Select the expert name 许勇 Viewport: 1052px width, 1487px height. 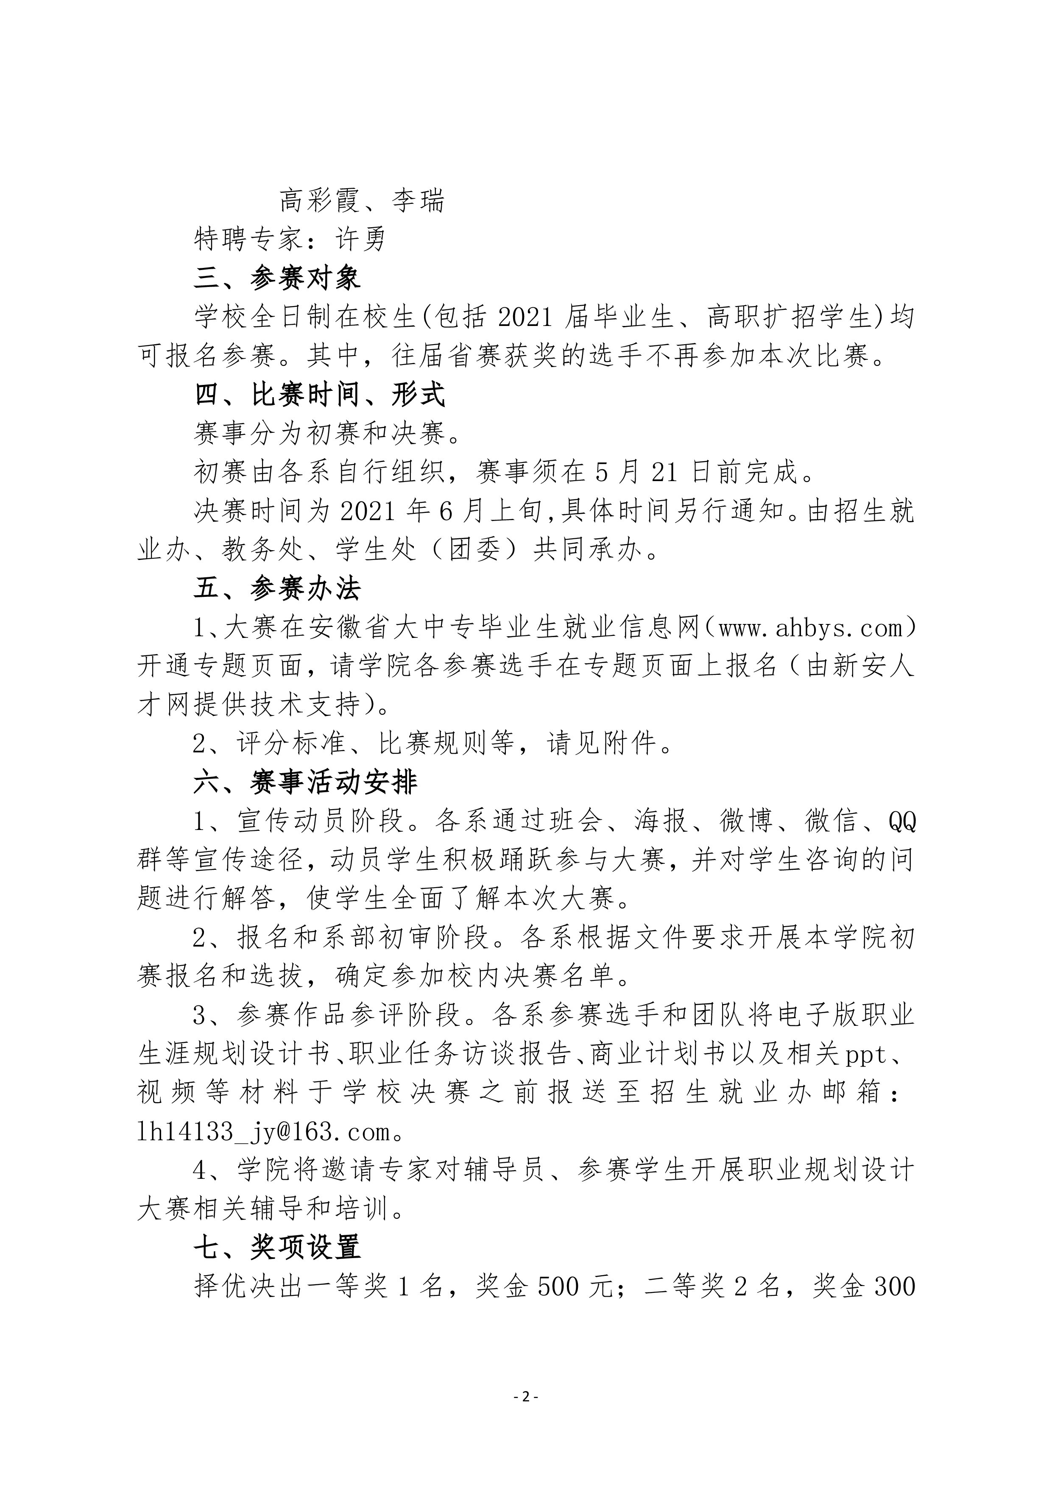(x=361, y=239)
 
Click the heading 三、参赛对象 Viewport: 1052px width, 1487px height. (x=277, y=278)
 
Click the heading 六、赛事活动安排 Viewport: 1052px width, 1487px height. (x=306, y=782)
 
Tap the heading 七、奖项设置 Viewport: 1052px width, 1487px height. (x=277, y=1248)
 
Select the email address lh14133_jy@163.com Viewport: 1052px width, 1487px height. (x=265, y=1131)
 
